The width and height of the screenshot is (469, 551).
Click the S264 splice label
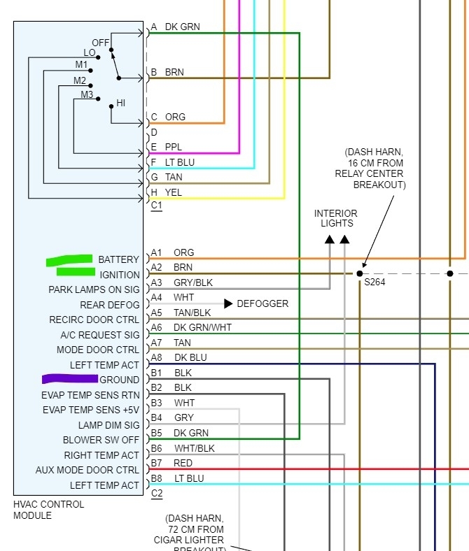[375, 282]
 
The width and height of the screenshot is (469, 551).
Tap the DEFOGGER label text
[262, 303]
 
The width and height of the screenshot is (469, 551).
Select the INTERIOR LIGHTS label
[336, 218]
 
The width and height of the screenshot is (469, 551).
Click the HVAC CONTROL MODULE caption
[48, 510]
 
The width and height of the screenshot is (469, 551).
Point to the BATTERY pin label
[118, 259]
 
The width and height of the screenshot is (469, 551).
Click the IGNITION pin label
[119, 275]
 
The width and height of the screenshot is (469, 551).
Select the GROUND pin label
[119, 380]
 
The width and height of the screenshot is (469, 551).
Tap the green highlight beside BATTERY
[69, 260]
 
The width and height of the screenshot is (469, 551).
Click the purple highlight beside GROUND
[69, 379]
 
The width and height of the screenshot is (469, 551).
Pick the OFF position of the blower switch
[100, 43]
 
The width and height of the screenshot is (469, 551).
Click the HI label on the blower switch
[120, 103]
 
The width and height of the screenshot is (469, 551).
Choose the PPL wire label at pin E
[173, 147]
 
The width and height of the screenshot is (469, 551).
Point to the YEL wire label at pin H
[173, 192]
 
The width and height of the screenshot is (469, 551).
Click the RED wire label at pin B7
[183, 463]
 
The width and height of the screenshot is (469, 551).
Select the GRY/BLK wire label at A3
[192, 282]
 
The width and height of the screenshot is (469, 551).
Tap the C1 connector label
[156, 206]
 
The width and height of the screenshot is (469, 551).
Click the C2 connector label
[156, 494]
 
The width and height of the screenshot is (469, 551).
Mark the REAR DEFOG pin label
[109, 305]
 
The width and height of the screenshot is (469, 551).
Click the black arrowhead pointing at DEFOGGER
[228, 303]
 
